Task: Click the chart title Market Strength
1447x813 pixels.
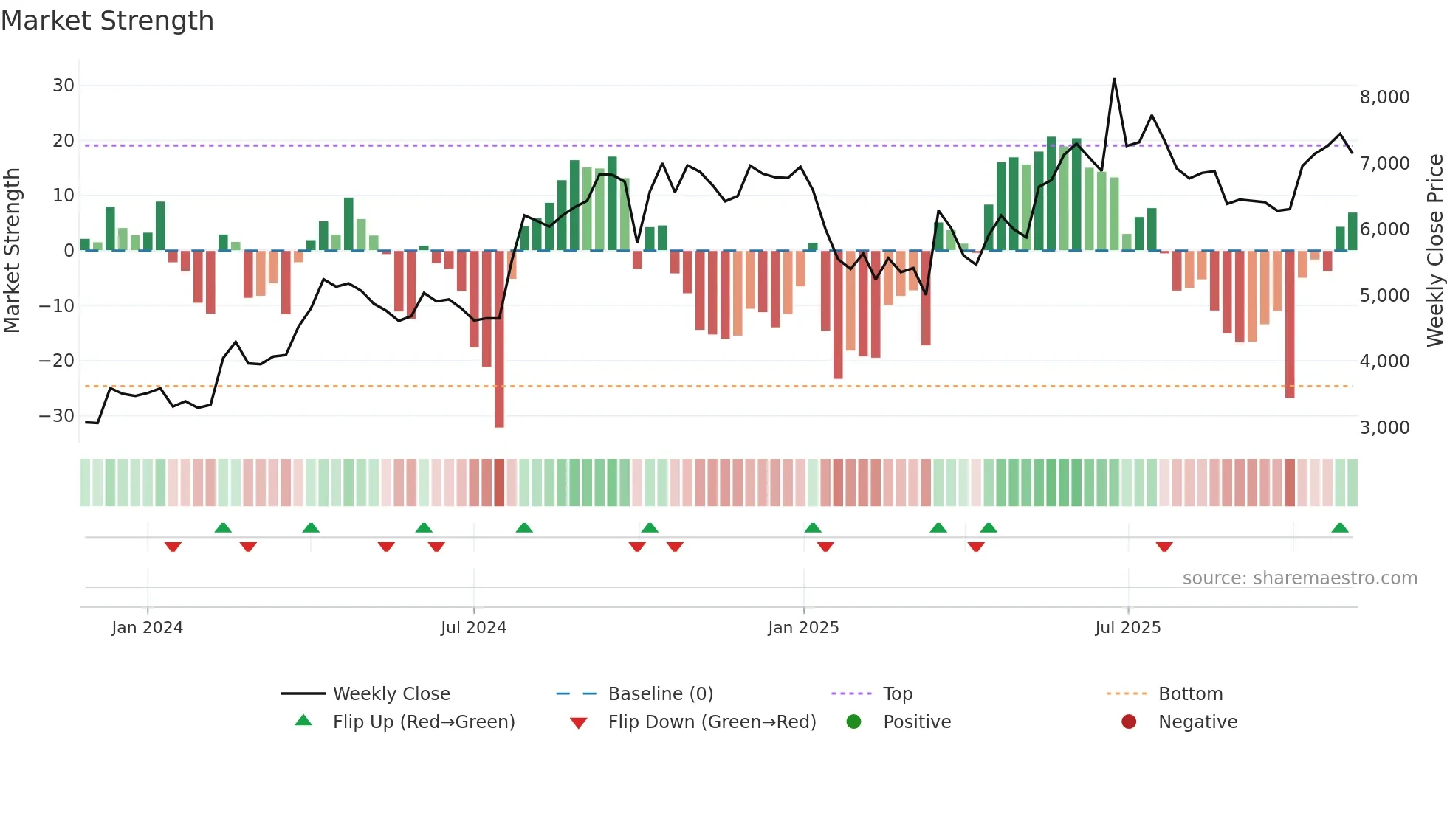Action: (x=107, y=21)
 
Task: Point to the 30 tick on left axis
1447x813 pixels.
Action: (x=63, y=86)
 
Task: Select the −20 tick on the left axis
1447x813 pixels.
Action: (x=57, y=361)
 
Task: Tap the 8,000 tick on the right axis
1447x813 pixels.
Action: (x=1384, y=97)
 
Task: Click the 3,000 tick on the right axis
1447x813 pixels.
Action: (x=1384, y=428)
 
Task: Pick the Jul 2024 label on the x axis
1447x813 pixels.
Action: (x=473, y=628)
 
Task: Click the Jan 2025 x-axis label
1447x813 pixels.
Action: (x=803, y=628)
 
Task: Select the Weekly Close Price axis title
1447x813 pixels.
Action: (x=1434, y=251)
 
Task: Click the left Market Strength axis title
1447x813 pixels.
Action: (x=12, y=251)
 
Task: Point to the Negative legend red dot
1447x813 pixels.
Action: (x=1129, y=722)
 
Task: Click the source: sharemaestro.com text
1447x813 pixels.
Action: (x=1299, y=578)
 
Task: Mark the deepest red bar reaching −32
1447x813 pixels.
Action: (x=499, y=339)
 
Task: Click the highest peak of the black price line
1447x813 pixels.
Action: (x=1114, y=80)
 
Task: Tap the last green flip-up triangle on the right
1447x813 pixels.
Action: (x=1340, y=528)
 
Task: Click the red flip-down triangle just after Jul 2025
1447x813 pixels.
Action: (x=1164, y=547)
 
